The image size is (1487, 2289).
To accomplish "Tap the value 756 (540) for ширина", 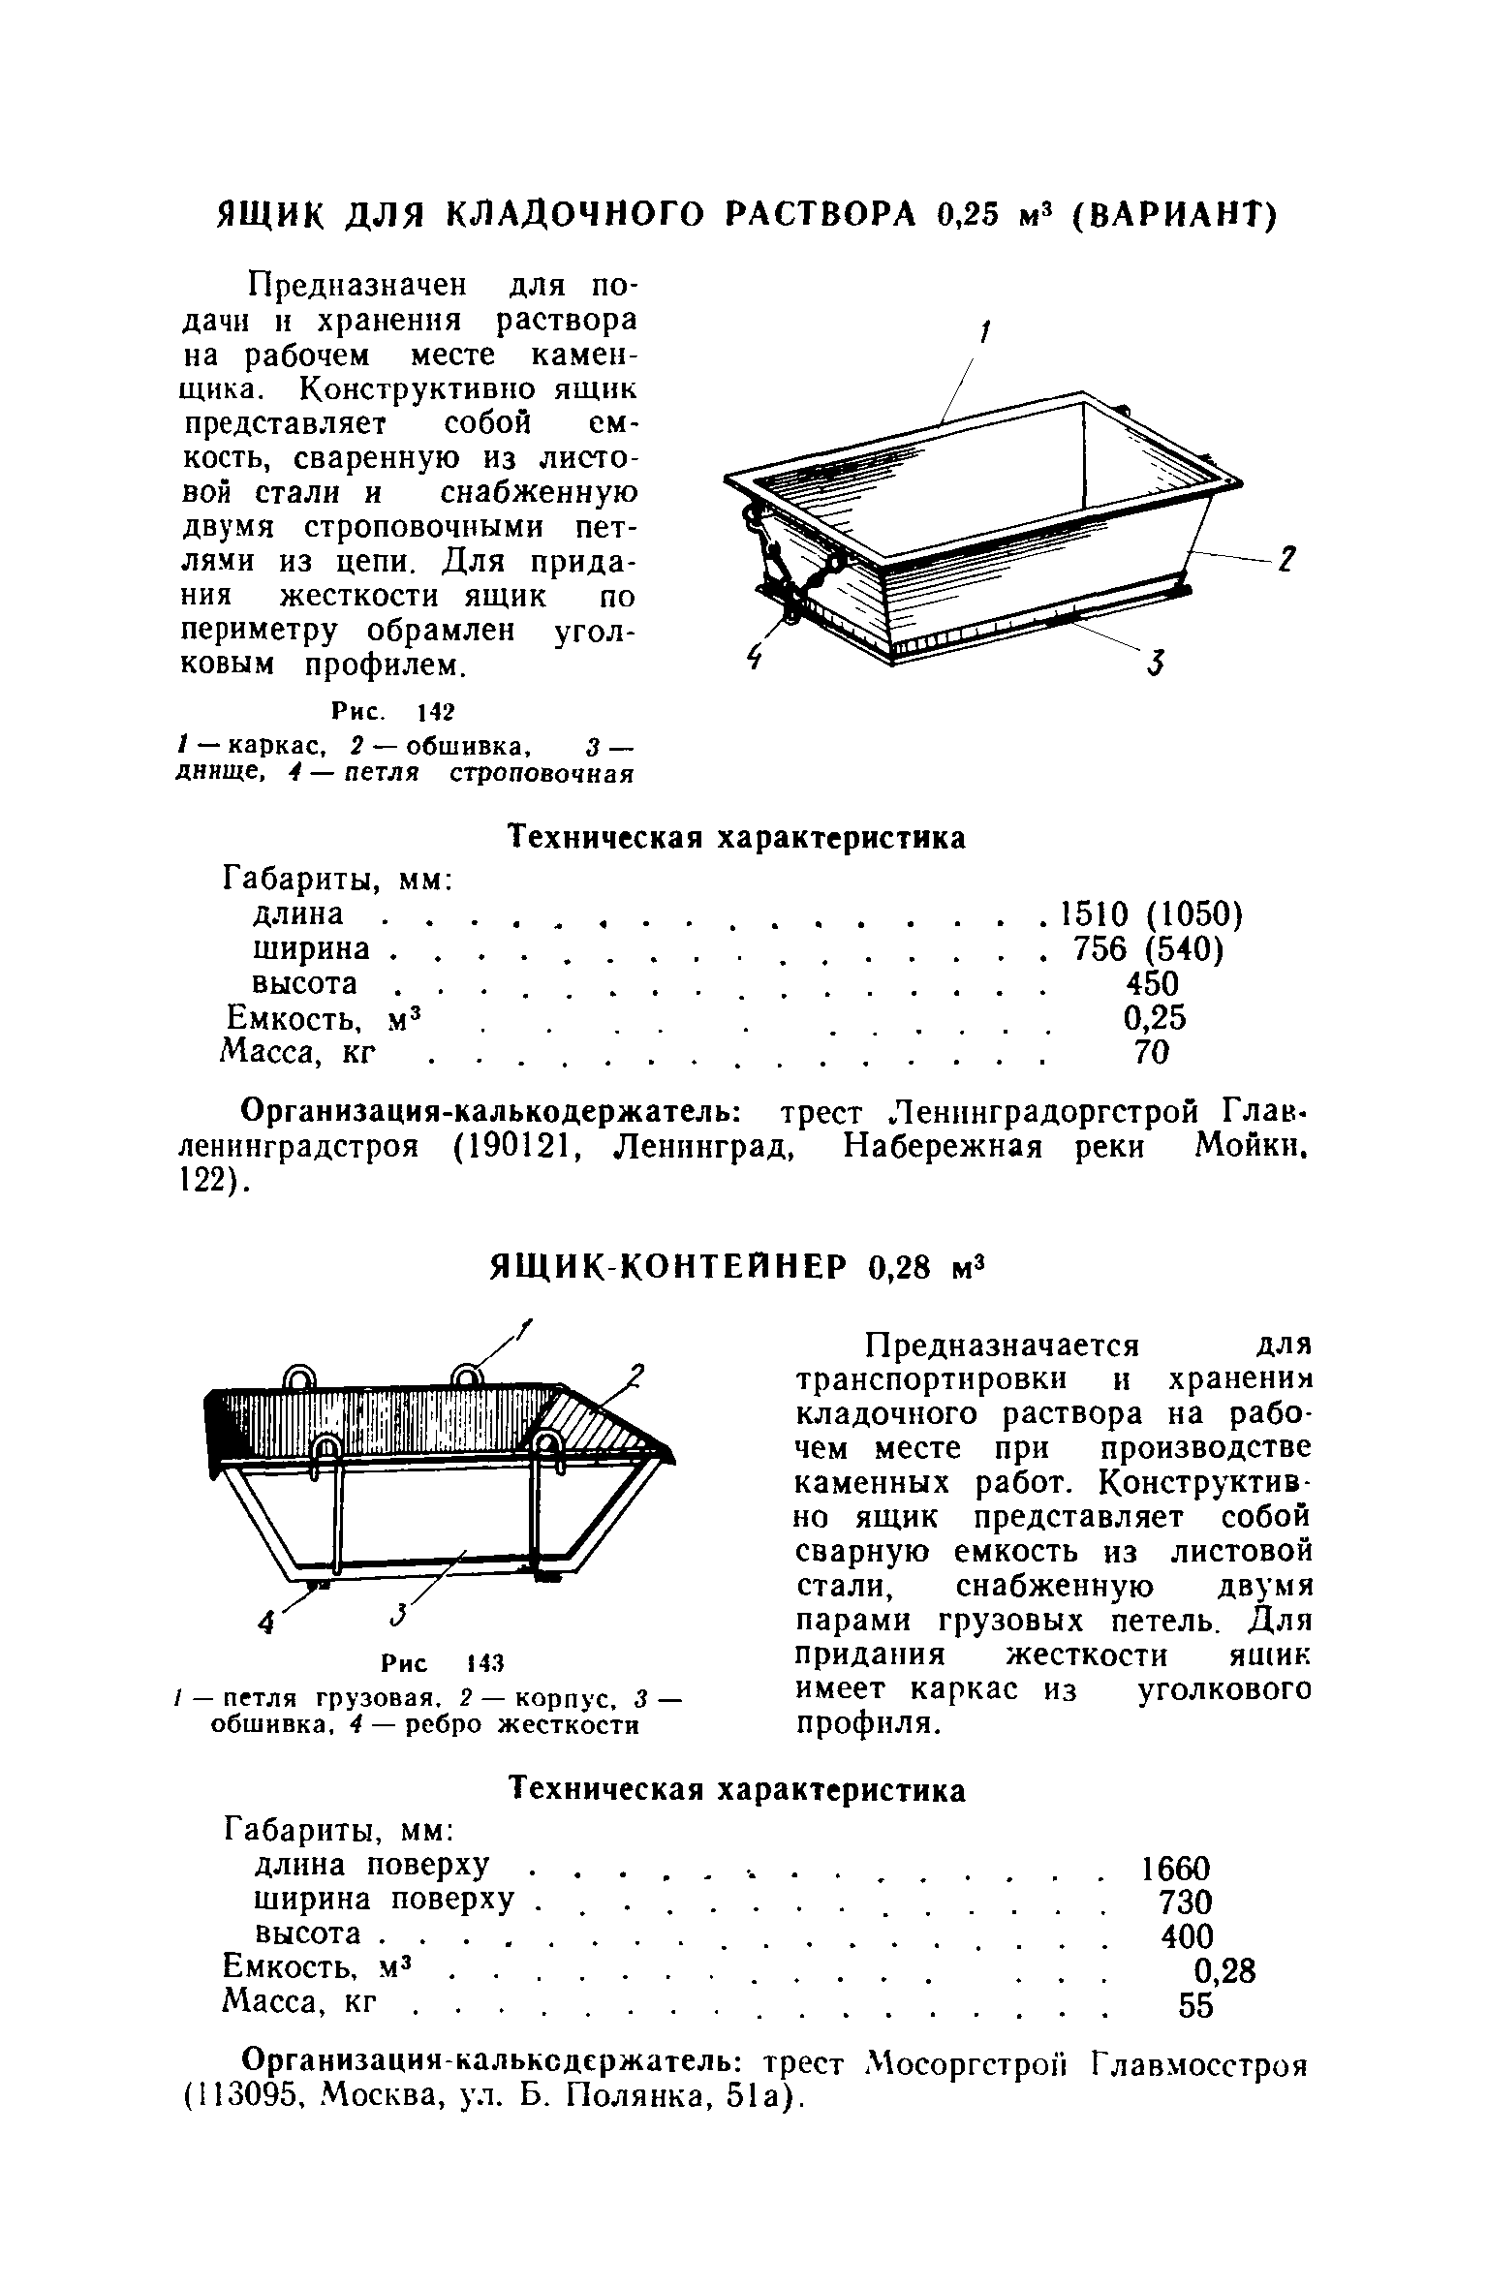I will click(1149, 948).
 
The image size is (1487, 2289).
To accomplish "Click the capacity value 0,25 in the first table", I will click(1154, 1017).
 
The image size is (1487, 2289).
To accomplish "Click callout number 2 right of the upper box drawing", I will click(1287, 561).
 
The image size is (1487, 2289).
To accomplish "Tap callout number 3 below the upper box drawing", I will click(1156, 665).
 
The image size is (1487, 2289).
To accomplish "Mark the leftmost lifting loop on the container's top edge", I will click(298, 1378).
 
